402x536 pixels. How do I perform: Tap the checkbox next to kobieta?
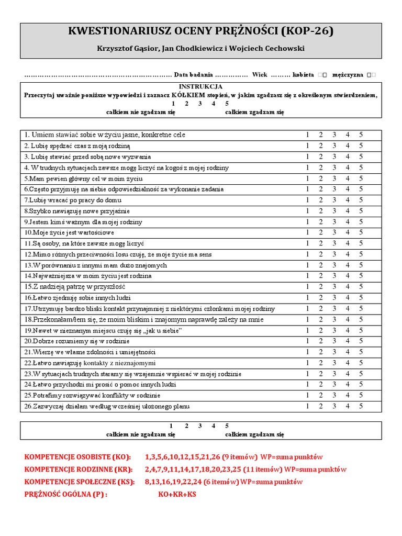point(322,75)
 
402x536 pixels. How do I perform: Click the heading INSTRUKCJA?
point(201,86)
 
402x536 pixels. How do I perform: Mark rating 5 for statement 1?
point(361,135)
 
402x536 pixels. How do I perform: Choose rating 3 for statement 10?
point(334,232)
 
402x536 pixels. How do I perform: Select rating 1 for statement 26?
point(307,406)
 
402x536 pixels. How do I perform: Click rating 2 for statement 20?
point(321,341)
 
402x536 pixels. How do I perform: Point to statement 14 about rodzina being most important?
point(87,276)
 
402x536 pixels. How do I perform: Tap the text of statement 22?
point(90,363)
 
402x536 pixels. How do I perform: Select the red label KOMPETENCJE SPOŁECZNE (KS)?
point(79,482)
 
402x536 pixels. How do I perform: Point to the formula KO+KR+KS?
point(177,495)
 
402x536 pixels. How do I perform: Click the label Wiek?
point(260,75)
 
